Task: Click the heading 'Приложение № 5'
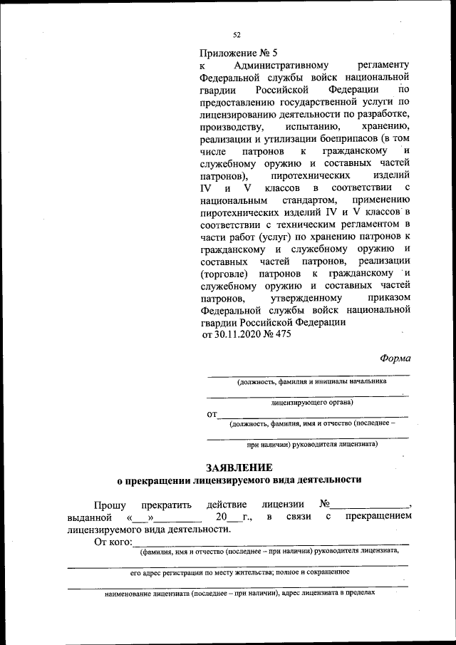(239, 52)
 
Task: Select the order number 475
(282, 335)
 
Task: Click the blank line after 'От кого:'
(271, 545)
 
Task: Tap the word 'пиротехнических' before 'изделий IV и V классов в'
(310, 175)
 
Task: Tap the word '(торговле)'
(227, 273)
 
